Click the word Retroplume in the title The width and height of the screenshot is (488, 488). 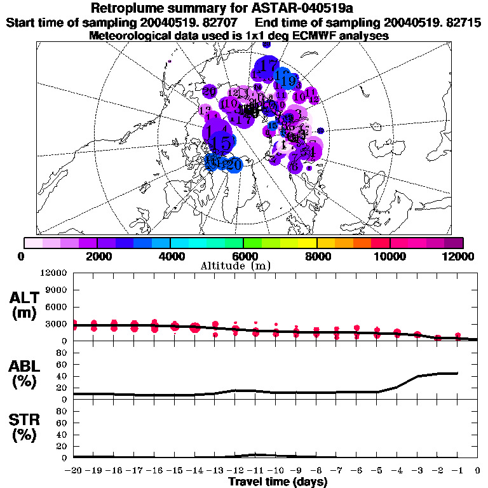click(129, 8)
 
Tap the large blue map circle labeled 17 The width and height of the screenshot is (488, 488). click(268, 67)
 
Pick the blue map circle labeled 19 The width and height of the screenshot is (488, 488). click(288, 81)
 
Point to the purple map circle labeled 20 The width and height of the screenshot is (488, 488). click(210, 91)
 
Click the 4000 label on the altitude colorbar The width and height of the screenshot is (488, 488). click(170, 256)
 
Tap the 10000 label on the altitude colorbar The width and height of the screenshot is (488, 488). click(390, 256)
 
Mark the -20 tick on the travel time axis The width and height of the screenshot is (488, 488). click(74, 470)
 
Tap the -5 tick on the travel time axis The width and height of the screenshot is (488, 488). click(377, 470)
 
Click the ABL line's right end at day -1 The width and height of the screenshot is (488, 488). click(457, 373)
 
